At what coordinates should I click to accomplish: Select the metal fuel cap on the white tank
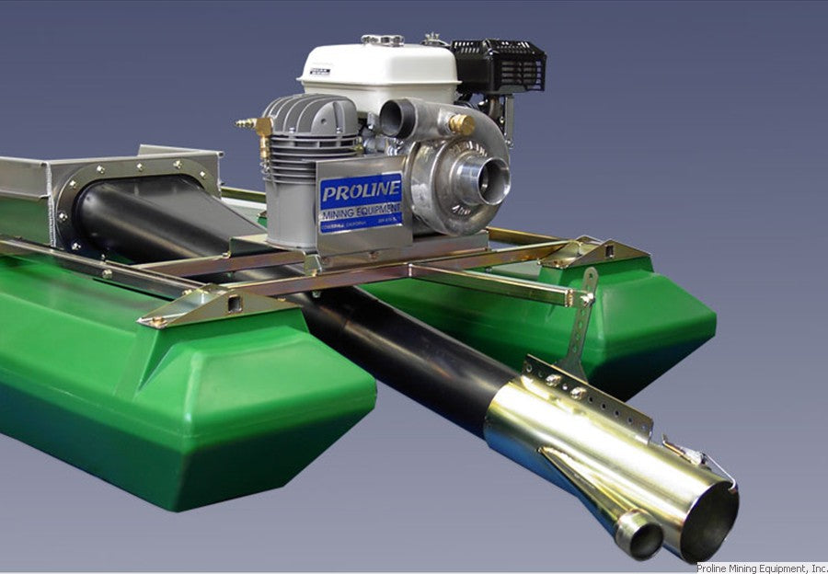(381, 40)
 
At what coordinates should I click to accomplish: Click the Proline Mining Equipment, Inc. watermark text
(761, 568)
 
